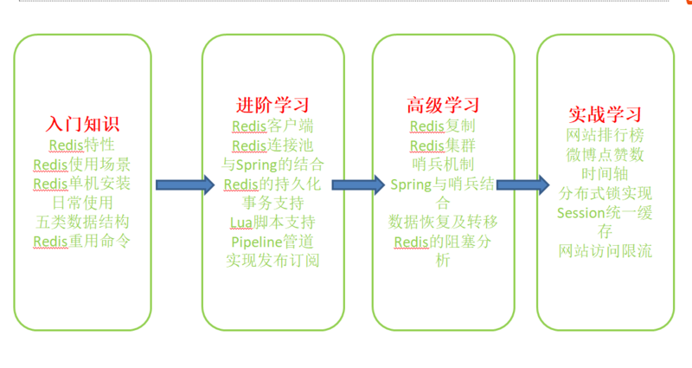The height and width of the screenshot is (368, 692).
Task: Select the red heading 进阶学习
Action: [272, 106]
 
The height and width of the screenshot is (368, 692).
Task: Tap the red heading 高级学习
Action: [443, 106]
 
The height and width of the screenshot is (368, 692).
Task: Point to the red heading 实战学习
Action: [605, 114]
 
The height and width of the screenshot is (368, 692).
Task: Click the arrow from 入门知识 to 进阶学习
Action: [183, 184]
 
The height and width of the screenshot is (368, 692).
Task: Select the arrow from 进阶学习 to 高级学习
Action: [357, 184]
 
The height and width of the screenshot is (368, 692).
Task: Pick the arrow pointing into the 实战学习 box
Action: [522, 184]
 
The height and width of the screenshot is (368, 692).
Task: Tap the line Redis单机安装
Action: [82, 183]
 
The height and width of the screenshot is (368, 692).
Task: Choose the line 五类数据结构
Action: [82, 222]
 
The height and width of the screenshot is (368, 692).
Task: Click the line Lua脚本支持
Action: [272, 223]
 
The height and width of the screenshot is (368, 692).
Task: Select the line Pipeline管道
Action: [272, 242]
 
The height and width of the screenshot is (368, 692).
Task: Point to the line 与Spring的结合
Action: [272, 164]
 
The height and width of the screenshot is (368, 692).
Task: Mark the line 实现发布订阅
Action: [272, 261]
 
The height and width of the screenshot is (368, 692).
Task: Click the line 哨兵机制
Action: [443, 164]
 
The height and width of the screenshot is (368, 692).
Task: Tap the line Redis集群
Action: [443, 145]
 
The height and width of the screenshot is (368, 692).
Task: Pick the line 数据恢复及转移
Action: [443, 222]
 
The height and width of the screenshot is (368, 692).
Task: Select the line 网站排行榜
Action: [605, 136]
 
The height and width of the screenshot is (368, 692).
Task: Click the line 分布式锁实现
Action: [605, 192]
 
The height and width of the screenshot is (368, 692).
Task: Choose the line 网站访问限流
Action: [605, 251]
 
